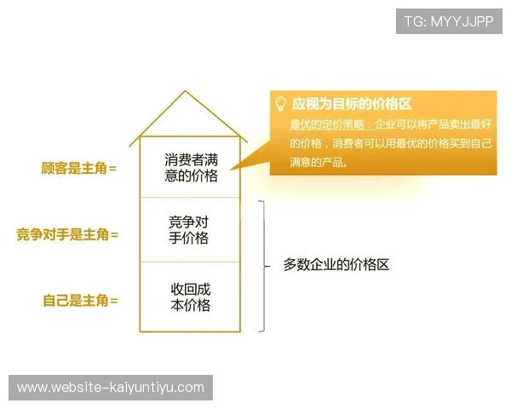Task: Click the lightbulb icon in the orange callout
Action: (280, 104)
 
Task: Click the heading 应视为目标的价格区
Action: (352, 104)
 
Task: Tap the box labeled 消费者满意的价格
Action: (191, 167)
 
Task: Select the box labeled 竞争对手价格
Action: (189, 230)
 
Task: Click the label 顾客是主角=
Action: (78, 168)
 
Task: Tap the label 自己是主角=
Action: (80, 300)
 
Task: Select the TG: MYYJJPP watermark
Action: (449, 20)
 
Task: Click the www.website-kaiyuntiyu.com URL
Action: (111, 388)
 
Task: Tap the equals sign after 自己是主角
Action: (112, 300)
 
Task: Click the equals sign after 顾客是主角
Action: (112, 168)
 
